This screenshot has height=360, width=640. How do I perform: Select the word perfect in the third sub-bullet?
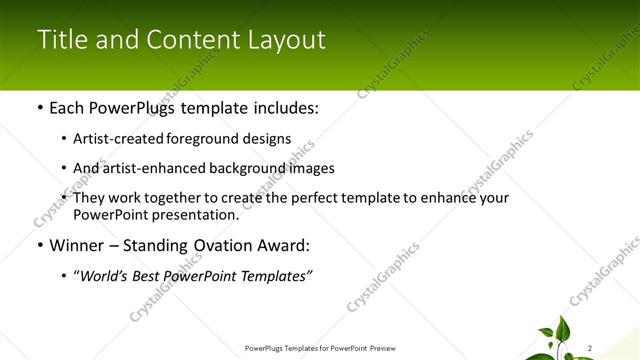[x=320, y=198]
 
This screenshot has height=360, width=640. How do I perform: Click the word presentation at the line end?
[x=197, y=214]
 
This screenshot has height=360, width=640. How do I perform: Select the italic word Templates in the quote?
[x=275, y=276]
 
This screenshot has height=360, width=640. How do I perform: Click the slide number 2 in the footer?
[x=591, y=348]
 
